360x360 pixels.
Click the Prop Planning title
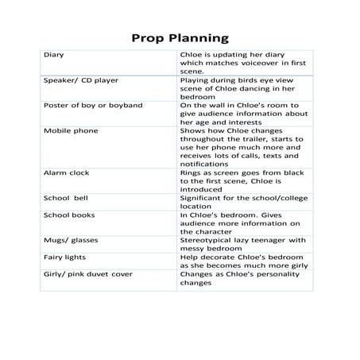180,37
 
